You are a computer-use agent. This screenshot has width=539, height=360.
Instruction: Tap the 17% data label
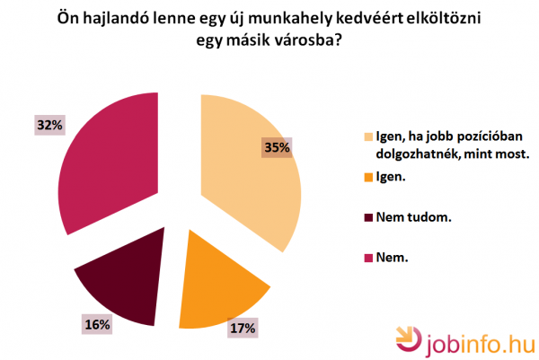tap(243, 329)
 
